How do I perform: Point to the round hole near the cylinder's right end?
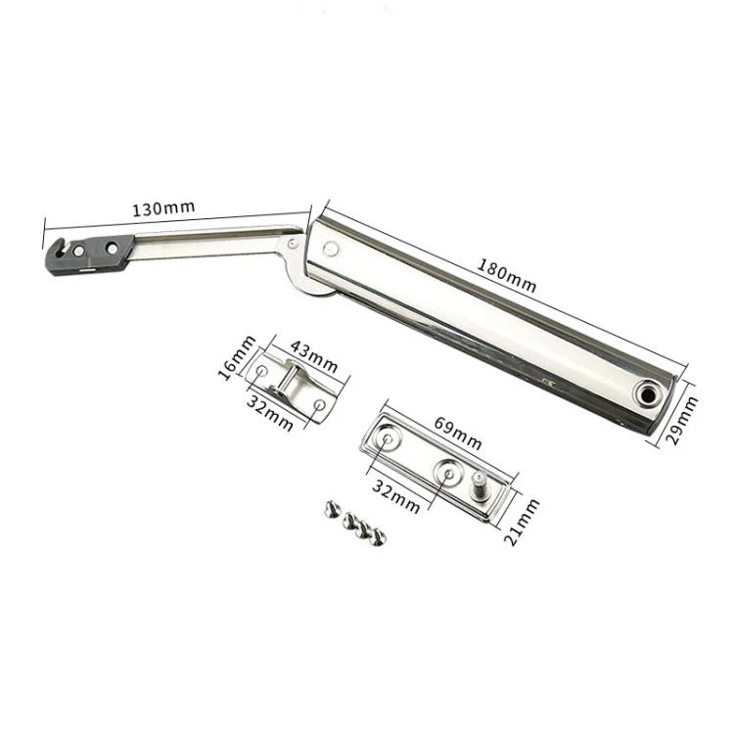click(x=648, y=393)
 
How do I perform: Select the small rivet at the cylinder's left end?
click(x=332, y=250)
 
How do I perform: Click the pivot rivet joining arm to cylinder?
click(x=295, y=242)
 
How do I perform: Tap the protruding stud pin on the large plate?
click(x=482, y=483)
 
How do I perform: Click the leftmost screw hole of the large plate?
click(x=389, y=441)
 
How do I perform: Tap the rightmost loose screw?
click(x=378, y=536)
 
